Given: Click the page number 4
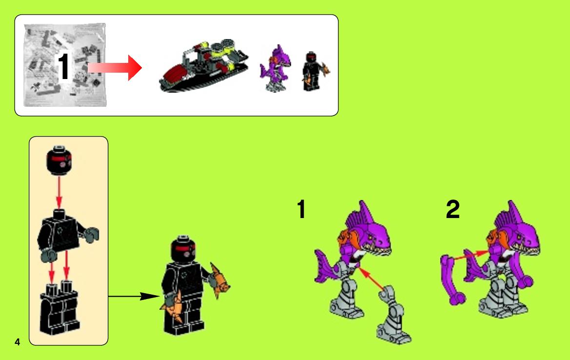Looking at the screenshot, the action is pos(17,342).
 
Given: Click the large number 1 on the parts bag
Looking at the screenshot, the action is pos(64,67).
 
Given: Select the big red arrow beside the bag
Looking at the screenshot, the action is pos(115,68).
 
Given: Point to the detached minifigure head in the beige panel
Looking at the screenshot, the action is pos(59,160).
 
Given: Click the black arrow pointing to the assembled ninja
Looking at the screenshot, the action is pos(134,297).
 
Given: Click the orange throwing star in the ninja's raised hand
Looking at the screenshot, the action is pos(219,280).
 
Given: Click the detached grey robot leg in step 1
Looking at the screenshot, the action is pos(393,315).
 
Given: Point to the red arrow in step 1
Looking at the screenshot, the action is pos(372,279).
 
